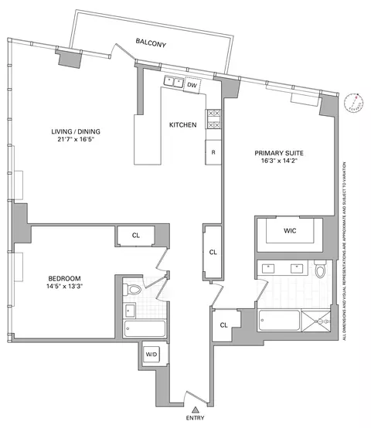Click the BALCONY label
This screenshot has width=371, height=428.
151,44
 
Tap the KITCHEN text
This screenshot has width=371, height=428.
183,125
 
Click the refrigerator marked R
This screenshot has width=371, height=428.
214,153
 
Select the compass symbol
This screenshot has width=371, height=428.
354,101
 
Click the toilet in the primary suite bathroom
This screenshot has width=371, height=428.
321,270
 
